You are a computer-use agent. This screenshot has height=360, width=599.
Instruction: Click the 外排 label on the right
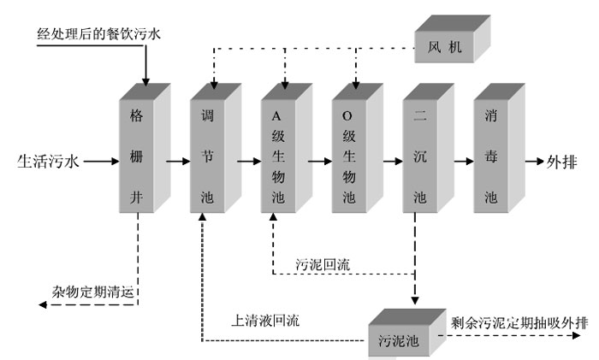pyautogui.click(x=566, y=160)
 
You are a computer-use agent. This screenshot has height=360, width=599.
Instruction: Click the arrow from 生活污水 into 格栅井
pyautogui.click(x=100, y=160)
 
